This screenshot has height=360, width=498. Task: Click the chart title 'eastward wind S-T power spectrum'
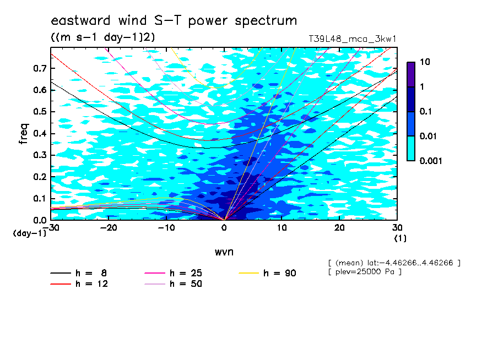click(x=174, y=20)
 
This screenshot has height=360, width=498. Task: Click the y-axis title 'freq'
click(x=24, y=134)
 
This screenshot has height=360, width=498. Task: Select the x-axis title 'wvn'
click(x=224, y=252)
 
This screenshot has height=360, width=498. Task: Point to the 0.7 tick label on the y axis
click(x=40, y=68)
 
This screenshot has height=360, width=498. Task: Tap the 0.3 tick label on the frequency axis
click(x=40, y=155)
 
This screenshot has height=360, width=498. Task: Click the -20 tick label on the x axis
click(x=109, y=228)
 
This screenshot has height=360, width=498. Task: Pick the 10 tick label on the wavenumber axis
click(x=282, y=228)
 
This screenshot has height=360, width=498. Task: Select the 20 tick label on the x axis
click(x=339, y=228)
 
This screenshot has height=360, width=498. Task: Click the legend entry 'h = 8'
click(x=79, y=273)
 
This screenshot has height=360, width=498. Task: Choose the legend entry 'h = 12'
click(x=79, y=284)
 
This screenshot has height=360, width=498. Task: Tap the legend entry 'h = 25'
click(x=173, y=273)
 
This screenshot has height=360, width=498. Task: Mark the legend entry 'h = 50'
click(x=173, y=284)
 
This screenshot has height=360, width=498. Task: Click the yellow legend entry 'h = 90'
click(x=267, y=273)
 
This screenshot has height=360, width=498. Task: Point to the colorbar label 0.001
click(x=431, y=161)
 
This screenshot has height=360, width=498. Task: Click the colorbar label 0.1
click(x=426, y=111)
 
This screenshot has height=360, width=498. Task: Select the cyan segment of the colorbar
click(x=411, y=149)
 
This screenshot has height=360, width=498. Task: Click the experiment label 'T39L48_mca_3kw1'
click(x=353, y=39)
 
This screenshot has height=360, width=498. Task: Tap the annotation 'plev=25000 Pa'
click(x=365, y=272)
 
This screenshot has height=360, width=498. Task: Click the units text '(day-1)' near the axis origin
click(x=29, y=233)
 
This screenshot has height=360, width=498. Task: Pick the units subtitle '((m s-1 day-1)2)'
click(x=103, y=37)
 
